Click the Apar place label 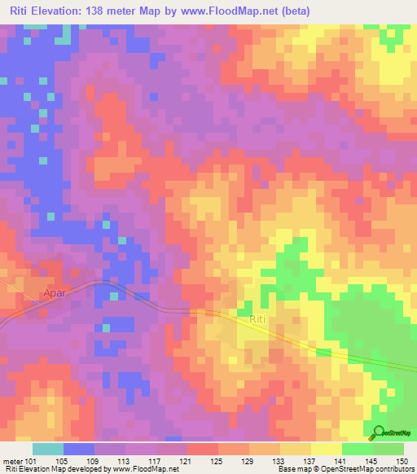pyautogui.click(x=55, y=291)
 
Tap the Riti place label pyautogui.click(x=258, y=320)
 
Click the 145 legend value pyautogui.click(x=372, y=461)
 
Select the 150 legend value pyautogui.click(x=403, y=461)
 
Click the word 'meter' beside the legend pyautogui.click(x=13, y=461)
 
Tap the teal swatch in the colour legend pyautogui.click(x=48, y=449)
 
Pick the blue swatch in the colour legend pyautogui.click(x=79, y=449)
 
